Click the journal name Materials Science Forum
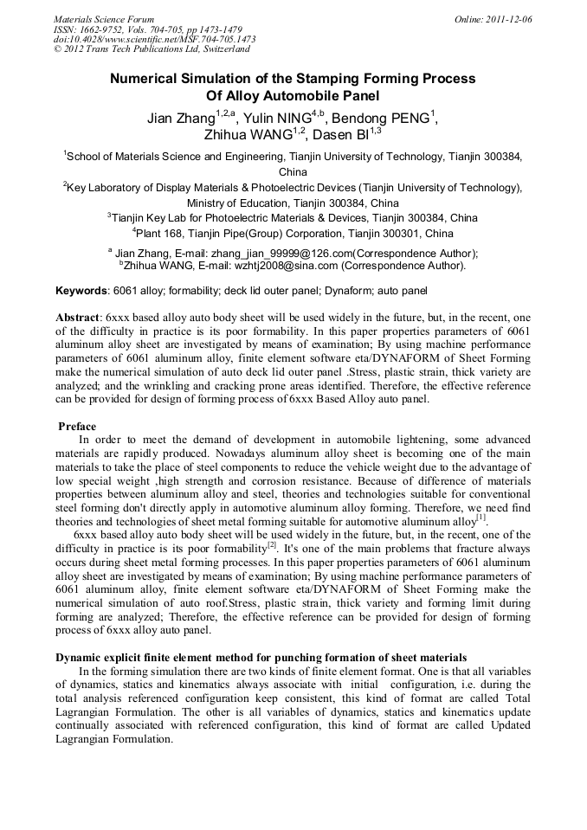click(104, 18)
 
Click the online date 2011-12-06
click(506, 18)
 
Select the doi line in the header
click(154, 39)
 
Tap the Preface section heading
click(77, 427)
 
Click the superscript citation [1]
click(481, 518)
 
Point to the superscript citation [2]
click(271, 545)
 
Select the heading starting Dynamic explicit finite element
click(261, 658)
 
